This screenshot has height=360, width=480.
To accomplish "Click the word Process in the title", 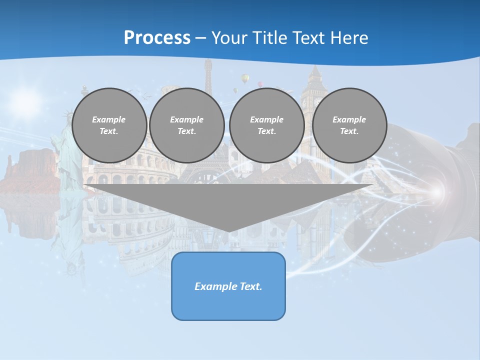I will click(x=157, y=38).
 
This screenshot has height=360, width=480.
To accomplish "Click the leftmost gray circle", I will click(x=109, y=125).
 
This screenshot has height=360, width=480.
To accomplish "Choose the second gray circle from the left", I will click(x=187, y=125).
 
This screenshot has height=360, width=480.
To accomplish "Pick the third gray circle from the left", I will click(x=267, y=125).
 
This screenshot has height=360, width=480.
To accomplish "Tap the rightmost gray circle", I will click(x=349, y=125).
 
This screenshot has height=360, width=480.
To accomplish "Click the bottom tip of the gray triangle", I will click(x=229, y=231).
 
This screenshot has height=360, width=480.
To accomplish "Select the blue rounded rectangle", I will click(x=228, y=305).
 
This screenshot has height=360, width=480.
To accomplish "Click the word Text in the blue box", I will click(x=250, y=286).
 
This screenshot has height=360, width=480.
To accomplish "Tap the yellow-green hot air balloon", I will click(x=245, y=78).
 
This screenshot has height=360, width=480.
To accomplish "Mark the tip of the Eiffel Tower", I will click(x=208, y=61).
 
